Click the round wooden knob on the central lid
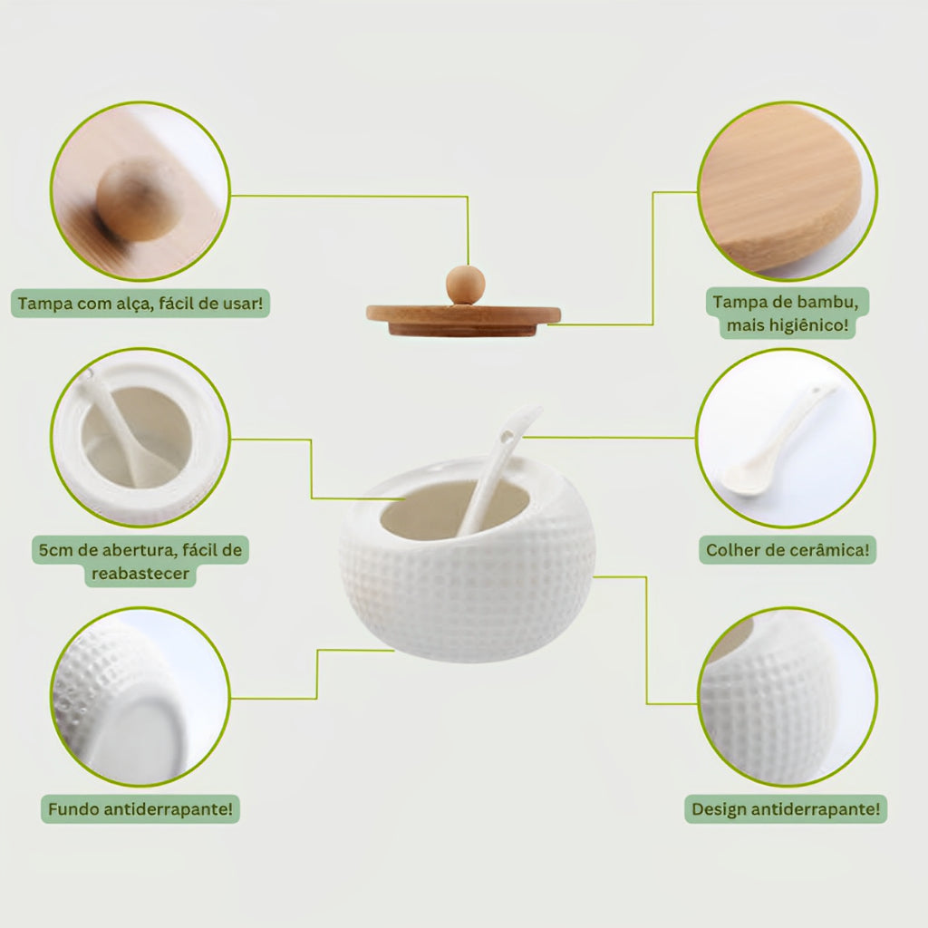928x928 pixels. (x=465, y=285)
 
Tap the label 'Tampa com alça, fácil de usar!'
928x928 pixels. (x=140, y=304)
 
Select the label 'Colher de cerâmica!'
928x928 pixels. (x=788, y=550)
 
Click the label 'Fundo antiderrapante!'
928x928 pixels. (x=140, y=809)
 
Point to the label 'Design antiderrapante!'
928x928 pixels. (x=786, y=809)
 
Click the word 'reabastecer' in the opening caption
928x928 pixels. (x=140, y=574)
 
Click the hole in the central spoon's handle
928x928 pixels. (x=506, y=438)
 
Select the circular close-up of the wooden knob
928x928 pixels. (x=140, y=191)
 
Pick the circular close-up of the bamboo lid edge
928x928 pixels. (x=788, y=191)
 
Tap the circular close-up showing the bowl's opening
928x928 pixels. (x=140, y=438)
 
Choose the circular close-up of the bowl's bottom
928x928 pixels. (x=140, y=697)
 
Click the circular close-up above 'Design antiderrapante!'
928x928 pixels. (x=788, y=697)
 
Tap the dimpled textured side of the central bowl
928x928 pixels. (x=468, y=592)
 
